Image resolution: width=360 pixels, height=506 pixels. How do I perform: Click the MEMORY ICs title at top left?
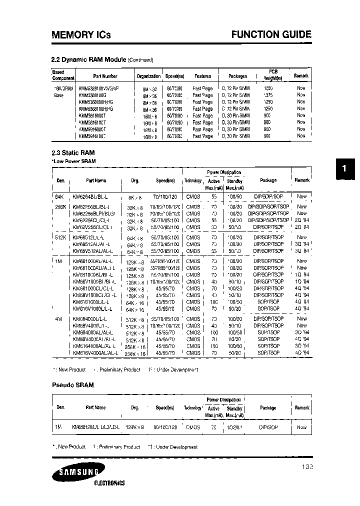pos(81,34)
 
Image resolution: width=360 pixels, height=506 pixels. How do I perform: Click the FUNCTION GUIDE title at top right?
pos(271,34)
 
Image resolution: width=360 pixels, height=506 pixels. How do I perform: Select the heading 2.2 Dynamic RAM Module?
pos(89,59)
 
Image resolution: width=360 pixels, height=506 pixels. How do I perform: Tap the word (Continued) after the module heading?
pos(140,60)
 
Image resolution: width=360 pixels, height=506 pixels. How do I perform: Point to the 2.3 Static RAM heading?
pos(73,152)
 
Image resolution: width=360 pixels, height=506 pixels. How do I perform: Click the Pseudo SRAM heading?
pos(73,385)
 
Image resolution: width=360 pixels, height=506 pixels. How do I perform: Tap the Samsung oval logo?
pos(78,471)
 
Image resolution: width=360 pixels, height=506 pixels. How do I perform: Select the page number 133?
pos(307,466)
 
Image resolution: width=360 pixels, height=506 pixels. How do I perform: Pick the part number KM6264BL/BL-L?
pos(90,196)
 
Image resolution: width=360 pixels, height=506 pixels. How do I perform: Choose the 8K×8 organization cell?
pos(136,196)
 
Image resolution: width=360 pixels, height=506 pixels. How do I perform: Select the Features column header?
pos(202,76)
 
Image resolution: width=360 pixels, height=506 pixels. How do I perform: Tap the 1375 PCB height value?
pos(268,95)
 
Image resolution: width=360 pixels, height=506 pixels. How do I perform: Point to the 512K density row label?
pos(60,238)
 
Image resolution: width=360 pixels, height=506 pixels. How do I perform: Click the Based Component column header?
pos(63,75)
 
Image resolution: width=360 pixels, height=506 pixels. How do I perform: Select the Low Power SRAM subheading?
pos(73,161)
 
